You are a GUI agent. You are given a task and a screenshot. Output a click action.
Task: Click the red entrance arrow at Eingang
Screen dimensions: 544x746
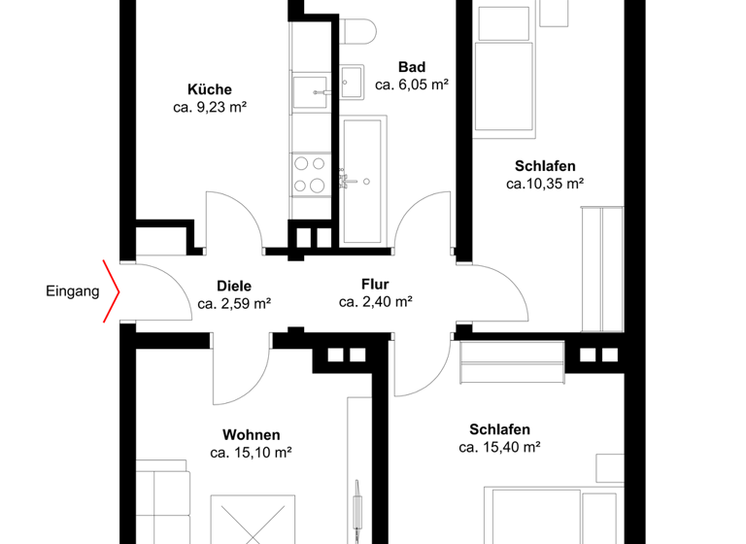(113, 289)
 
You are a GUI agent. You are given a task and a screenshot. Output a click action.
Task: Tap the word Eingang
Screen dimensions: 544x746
(72, 290)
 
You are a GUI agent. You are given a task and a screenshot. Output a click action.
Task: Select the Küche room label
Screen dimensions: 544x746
(210, 89)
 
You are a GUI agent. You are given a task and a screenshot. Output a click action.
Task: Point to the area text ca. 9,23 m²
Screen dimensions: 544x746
(210, 108)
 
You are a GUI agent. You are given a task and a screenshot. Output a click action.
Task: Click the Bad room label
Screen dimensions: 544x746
(412, 66)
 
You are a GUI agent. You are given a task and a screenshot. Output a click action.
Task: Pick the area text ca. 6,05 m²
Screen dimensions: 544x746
(412, 85)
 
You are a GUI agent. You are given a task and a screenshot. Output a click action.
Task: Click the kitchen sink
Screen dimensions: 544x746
(316, 90)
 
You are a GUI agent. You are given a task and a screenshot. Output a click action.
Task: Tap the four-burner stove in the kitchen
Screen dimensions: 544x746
(310, 175)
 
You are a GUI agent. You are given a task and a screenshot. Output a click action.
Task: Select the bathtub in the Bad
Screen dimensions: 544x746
(364, 180)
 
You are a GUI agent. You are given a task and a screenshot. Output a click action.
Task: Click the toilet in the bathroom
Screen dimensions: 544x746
(359, 29)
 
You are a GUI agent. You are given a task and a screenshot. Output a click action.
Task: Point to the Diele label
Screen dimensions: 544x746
(234, 287)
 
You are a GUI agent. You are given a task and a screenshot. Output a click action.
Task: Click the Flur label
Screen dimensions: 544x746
(376, 285)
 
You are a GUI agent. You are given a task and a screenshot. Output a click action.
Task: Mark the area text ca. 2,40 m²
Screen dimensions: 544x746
(376, 302)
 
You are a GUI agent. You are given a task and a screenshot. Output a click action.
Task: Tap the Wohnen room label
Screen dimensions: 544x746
(252, 434)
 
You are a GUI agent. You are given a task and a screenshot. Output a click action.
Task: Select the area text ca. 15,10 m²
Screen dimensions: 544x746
(252, 452)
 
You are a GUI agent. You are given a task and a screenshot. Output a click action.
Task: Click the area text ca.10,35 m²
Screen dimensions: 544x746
(544, 183)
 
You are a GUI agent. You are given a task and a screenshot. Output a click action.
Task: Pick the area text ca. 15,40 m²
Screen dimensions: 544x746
(499, 447)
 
